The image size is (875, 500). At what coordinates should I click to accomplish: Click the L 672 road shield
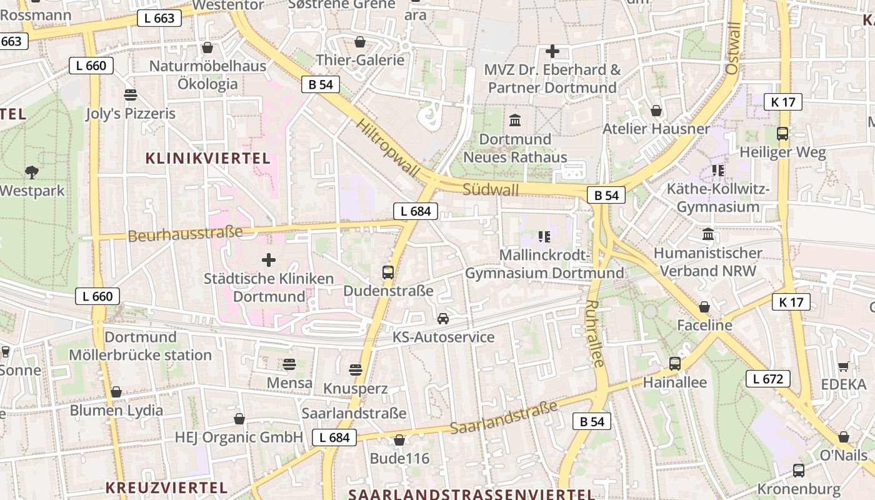point(767,379)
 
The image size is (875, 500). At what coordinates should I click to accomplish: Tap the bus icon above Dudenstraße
point(388,272)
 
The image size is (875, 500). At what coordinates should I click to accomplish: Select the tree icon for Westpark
point(31,172)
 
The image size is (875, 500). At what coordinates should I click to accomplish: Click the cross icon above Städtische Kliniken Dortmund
point(269,259)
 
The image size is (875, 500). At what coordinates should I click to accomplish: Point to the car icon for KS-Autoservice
point(443,319)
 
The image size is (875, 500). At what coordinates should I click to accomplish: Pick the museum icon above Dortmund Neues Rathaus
point(515,120)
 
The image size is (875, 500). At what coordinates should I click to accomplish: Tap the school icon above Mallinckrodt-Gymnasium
point(544,236)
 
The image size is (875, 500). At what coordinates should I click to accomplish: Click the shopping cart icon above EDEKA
point(843,366)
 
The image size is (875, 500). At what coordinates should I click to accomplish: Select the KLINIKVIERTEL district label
point(208,158)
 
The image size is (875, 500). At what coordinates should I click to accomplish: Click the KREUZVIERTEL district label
point(166,487)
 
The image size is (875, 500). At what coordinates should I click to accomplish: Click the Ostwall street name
point(733,49)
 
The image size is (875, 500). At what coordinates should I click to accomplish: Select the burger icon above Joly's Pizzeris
point(131,95)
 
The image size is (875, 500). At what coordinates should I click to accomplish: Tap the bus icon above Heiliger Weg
point(782,133)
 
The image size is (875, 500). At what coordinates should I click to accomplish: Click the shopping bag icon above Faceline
point(704,307)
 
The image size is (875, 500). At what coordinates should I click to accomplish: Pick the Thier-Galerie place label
point(361,60)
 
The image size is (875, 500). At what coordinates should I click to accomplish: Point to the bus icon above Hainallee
point(674,364)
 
